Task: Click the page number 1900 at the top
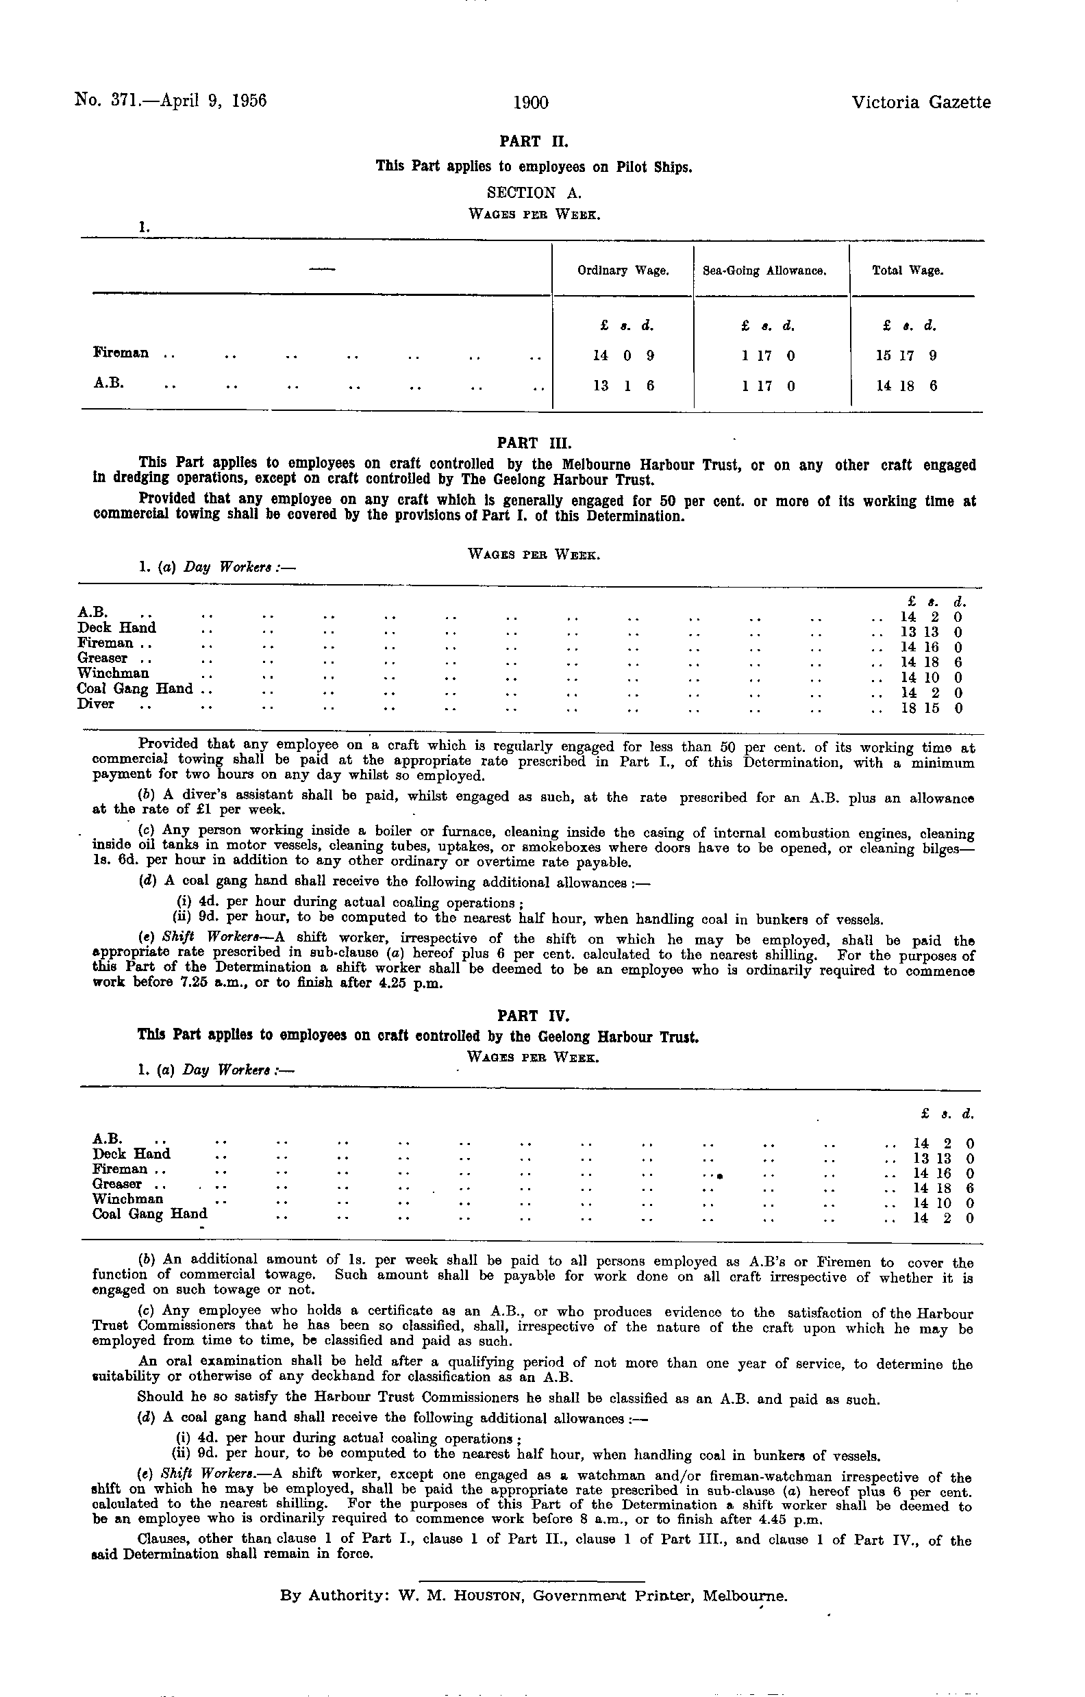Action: (531, 103)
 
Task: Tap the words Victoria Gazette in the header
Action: (921, 103)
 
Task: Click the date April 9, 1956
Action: (214, 100)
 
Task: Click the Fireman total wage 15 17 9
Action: (906, 356)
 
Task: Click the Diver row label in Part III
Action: (96, 704)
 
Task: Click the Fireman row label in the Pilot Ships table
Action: (121, 353)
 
